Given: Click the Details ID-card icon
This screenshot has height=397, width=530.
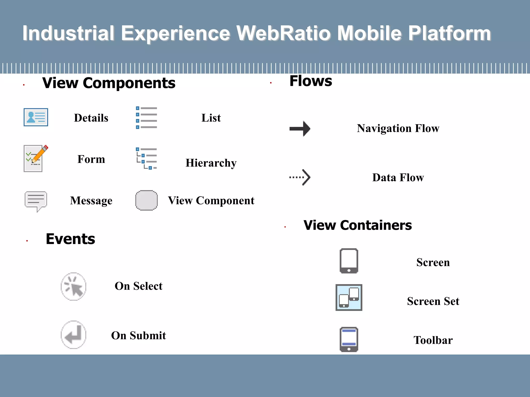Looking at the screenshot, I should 36,117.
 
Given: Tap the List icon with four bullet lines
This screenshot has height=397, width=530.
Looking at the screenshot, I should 146,118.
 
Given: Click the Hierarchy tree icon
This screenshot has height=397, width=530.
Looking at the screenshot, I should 146,158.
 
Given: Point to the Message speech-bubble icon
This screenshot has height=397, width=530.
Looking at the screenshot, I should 36,201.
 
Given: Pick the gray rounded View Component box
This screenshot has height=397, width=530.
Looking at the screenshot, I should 146,200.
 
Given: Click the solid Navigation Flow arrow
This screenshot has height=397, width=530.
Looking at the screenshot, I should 300,128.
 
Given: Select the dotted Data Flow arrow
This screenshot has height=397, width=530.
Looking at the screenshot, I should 300,177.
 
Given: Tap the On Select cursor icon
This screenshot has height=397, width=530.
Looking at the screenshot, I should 73,286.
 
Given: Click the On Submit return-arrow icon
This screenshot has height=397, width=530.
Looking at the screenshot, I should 73,335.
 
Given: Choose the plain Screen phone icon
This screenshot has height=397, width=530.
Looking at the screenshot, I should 349,261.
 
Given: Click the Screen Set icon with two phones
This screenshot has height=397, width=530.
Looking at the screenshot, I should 349,297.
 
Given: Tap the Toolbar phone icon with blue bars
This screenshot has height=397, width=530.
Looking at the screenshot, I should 349,339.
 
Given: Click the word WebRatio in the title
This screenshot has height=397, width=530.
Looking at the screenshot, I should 284,33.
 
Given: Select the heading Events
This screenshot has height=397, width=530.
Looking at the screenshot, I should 70,239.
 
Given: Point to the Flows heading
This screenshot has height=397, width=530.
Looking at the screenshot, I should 311,81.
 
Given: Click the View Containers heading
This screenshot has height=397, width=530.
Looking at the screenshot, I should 357,225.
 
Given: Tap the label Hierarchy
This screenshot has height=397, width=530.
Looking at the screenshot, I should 211,163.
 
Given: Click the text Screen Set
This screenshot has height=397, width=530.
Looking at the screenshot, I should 433,301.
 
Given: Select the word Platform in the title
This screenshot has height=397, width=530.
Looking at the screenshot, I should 450,33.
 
